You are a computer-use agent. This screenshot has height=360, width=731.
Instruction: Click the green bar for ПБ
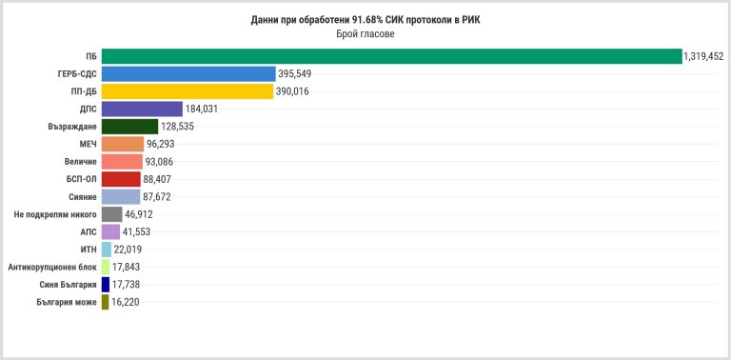tap(391, 56)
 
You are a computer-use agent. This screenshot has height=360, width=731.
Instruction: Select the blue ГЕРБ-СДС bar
tap(188, 73)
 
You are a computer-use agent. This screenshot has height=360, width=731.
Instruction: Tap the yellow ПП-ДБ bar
tap(188, 91)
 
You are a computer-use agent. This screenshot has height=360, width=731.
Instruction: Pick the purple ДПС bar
tap(142, 110)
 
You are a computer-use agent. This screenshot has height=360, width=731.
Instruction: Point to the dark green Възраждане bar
tap(129, 127)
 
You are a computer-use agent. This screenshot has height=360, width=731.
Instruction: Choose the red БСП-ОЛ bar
tap(121, 179)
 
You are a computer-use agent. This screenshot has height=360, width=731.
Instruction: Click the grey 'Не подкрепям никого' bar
tap(112, 214)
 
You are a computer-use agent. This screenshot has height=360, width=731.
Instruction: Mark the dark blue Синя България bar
tap(106, 285)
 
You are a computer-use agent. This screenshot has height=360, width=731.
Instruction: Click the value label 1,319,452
tap(703, 57)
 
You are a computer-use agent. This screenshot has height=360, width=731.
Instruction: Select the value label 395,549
tap(295, 73)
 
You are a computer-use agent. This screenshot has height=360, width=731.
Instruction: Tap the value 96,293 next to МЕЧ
tap(160, 144)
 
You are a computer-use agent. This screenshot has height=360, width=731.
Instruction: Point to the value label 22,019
tap(128, 250)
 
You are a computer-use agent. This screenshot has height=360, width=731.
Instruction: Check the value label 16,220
tap(125, 302)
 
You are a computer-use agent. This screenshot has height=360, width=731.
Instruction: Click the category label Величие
tap(81, 162)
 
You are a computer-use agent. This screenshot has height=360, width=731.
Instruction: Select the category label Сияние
tap(83, 197)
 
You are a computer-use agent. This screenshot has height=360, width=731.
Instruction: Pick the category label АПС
tap(89, 231)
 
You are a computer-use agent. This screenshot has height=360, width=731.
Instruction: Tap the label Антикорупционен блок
tap(52, 268)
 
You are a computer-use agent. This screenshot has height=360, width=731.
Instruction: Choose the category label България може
tap(67, 302)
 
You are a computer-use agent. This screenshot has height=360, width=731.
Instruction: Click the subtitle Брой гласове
tap(365, 35)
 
